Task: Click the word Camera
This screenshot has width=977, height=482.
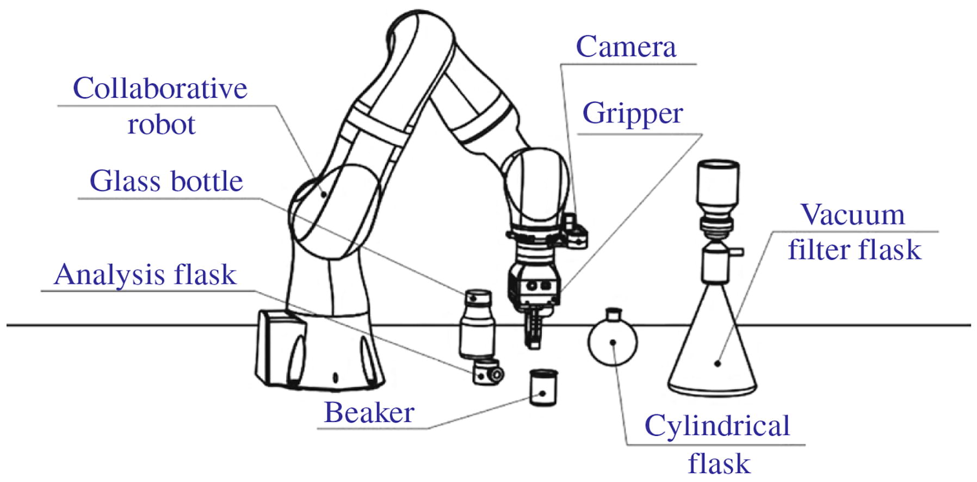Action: tap(626, 47)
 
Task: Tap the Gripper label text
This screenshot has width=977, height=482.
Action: tap(632, 114)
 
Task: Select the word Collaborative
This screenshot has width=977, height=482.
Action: tap(160, 89)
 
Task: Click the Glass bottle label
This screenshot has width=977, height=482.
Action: tap(166, 182)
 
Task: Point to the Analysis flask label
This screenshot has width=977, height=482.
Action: tap(145, 275)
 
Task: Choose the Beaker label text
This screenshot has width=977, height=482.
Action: tap(369, 413)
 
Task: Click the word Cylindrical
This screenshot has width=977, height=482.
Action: tap(717, 426)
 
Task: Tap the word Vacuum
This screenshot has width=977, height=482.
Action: tap(852, 215)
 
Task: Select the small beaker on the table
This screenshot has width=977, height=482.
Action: tap(543, 387)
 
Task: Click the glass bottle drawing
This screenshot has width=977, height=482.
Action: tap(477, 325)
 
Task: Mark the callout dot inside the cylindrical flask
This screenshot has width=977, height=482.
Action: tap(613, 342)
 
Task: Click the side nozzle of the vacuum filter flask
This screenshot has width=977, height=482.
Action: tap(736, 251)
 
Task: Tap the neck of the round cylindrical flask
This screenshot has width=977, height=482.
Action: tap(614, 314)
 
